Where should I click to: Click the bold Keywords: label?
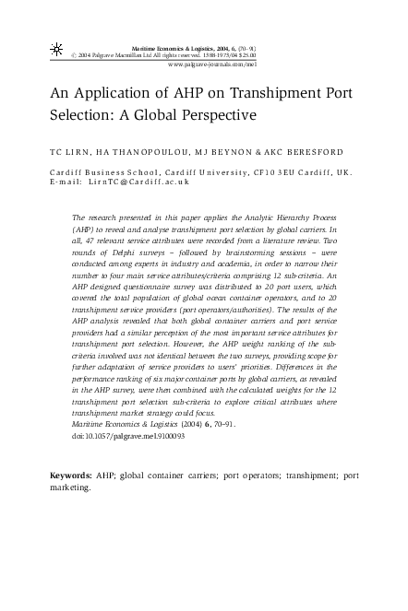tap(70, 476)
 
